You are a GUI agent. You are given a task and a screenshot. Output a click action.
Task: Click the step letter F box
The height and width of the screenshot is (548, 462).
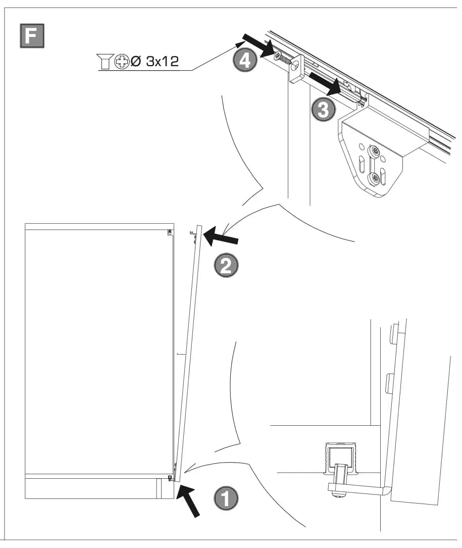[x=32, y=36]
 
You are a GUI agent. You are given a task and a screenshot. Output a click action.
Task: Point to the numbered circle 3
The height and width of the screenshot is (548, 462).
[x=323, y=109]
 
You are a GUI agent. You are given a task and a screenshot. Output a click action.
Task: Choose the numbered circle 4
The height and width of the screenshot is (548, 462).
[x=245, y=60]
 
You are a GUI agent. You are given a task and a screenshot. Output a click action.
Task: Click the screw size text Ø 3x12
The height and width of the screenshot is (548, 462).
[x=155, y=61]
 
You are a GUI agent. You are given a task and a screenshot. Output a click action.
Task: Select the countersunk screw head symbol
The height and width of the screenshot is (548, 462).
[x=105, y=61]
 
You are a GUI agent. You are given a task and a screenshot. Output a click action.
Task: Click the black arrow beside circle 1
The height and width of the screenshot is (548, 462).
[x=188, y=501]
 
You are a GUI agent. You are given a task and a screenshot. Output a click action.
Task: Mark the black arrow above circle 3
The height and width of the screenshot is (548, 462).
[x=325, y=84]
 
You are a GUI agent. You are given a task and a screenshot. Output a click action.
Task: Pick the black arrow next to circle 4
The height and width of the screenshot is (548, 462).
[x=258, y=45]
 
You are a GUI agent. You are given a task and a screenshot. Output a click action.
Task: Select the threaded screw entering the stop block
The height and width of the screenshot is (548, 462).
[x=283, y=59]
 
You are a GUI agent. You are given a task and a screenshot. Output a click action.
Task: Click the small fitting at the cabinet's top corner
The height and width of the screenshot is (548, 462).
[x=170, y=232]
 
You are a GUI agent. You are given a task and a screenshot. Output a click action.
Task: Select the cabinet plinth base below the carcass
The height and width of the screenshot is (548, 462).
[x=99, y=488]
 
